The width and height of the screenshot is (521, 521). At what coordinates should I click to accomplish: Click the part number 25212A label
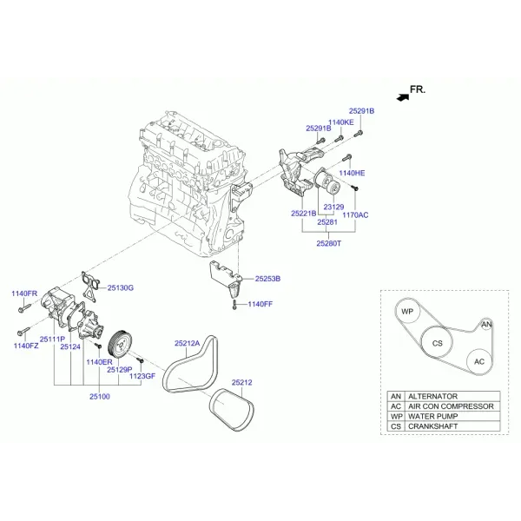188,343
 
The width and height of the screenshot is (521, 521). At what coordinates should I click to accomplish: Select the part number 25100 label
100,397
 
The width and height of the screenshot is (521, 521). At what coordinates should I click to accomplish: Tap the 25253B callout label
267,279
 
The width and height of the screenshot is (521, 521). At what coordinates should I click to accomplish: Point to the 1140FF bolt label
260,304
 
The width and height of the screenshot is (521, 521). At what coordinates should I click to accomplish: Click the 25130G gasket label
121,287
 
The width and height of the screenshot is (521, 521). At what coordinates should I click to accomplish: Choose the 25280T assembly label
328,243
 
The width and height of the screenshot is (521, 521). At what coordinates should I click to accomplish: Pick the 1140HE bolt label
352,173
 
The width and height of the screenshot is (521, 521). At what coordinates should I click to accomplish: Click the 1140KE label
341,122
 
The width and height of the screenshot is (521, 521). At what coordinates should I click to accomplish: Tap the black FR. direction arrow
403,97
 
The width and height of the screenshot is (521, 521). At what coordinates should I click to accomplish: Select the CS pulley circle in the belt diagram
438,343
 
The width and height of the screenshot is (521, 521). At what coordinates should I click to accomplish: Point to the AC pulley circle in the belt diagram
479,361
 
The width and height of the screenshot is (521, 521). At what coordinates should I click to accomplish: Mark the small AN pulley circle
486,324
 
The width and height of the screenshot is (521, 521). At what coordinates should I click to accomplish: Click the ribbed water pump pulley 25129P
121,344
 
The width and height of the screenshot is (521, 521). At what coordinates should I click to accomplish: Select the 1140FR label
24,293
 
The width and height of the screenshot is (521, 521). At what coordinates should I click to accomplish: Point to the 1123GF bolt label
142,376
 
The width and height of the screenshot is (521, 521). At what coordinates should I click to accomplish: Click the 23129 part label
334,207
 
